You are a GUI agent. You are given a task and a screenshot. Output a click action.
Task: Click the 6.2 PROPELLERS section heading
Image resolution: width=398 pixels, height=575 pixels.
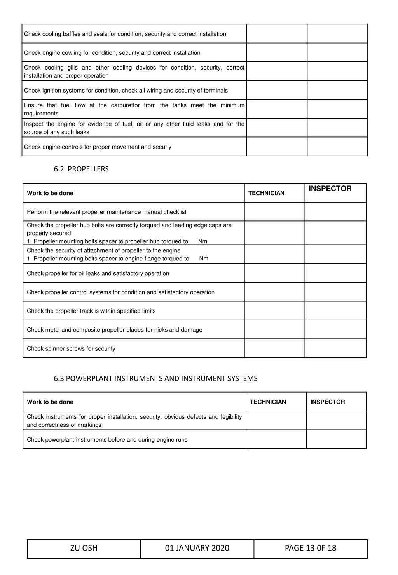tap(81, 169)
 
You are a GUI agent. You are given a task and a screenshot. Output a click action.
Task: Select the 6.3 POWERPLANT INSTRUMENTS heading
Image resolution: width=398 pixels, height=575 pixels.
tap(155, 379)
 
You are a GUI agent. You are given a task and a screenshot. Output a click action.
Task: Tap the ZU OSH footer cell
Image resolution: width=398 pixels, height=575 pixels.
tap(84, 548)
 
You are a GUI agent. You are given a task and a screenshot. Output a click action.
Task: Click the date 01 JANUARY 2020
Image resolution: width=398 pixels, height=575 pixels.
tap(197, 548)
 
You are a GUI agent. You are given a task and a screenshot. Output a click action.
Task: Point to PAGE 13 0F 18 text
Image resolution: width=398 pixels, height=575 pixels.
tap(310, 548)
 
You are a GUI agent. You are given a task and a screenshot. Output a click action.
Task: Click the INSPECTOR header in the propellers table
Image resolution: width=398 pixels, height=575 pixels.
tap(330, 189)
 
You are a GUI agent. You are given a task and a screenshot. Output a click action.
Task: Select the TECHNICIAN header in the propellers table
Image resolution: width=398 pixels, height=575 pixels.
tap(266, 193)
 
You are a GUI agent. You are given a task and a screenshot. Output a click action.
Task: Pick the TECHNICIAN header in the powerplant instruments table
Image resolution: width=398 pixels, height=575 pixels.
tap(268, 402)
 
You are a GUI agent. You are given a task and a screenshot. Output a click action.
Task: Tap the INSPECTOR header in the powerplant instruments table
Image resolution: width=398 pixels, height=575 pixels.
tap(327, 402)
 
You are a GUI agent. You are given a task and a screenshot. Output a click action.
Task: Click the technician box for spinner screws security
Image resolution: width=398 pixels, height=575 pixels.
tap(274, 348)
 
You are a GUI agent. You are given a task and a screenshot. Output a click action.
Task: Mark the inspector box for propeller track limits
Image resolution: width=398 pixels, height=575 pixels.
tap(335, 311)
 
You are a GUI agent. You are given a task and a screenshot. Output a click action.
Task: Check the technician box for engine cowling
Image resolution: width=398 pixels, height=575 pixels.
tap(277, 52)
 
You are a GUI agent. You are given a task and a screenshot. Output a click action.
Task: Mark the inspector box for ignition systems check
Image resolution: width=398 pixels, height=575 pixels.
tap(337, 90)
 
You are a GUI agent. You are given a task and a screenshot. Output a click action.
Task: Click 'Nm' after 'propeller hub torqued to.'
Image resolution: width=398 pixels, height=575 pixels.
tap(202, 241)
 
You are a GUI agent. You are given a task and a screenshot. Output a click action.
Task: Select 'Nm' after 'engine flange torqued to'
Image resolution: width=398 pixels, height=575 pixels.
tap(204, 259)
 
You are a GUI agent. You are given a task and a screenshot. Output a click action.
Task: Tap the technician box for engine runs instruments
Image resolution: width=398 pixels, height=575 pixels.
tap(276, 439)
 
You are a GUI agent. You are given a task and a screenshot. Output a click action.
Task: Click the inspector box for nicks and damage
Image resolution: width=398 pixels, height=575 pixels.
tap(335, 329)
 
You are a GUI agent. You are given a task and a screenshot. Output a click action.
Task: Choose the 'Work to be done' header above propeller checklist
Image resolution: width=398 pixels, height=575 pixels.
tap(50, 193)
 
